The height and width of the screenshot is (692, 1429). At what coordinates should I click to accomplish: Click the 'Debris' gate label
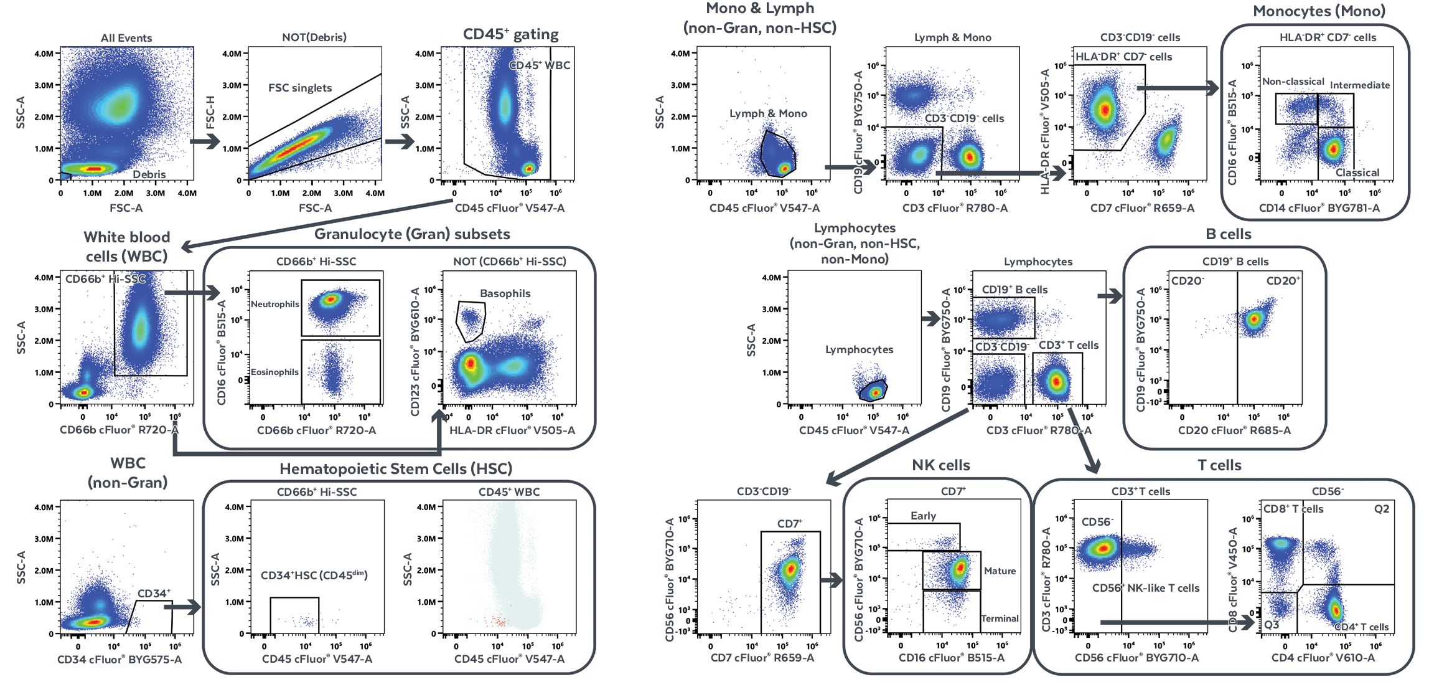(149, 174)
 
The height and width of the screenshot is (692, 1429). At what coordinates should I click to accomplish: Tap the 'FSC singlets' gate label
(300, 88)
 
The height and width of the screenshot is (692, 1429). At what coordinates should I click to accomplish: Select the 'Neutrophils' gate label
(275, 304)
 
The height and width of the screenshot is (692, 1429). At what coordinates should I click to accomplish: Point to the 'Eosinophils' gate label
(274, 372)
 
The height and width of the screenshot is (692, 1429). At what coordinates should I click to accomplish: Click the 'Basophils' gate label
(505, 293)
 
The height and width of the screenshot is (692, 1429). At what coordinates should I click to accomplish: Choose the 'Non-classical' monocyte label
(1293, 82)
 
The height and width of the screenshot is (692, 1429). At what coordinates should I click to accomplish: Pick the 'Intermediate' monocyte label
(1360, 85)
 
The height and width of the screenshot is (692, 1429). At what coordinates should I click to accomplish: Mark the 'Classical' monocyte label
(1357, 173)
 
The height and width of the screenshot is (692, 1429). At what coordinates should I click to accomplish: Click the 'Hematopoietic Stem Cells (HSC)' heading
(396, 469)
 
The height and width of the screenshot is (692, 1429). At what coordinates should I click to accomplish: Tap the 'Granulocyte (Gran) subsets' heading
(412, 234)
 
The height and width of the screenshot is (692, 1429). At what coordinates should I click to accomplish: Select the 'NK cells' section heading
(940, 465)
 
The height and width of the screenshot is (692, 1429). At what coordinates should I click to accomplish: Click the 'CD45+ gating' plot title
(510, 34)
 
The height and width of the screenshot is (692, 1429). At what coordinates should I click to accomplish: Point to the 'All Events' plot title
(126, 38)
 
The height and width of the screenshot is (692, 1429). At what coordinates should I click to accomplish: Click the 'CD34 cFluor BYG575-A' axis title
(119, 659)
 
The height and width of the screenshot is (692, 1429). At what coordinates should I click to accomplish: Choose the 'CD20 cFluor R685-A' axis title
(1234, 430)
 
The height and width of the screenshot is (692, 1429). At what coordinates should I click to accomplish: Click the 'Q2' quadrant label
(1382, 509)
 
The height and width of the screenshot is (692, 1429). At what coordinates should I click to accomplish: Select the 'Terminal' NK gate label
(1000, 619)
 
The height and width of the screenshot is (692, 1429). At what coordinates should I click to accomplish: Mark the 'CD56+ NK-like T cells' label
(1146, 588)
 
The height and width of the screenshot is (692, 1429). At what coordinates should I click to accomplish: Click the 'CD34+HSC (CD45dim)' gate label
(314, 575)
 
